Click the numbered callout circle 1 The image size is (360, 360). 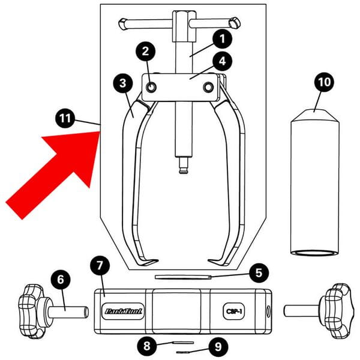tap(221, 40)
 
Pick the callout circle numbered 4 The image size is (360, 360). tap(221, 60)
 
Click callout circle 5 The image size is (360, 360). tap(257, 272)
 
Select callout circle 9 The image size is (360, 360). tap(217, 346)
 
